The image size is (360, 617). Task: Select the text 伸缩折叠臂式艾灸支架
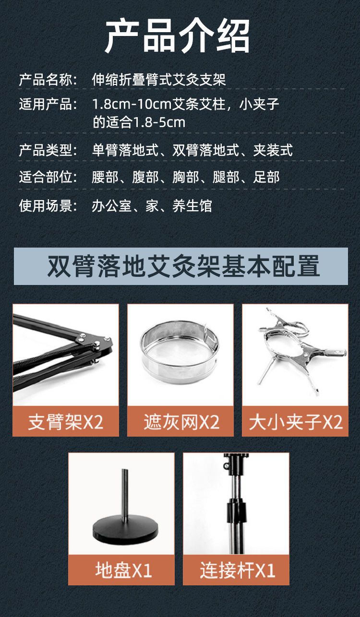point(159,80)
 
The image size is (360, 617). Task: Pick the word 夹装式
point(273,150)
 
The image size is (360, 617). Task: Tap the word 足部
point(266,177)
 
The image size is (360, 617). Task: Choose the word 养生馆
point(192,206)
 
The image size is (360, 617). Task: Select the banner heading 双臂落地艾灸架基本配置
point(183,266)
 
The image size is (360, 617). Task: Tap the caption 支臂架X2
point(66,422)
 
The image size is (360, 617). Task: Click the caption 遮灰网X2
point(181,422)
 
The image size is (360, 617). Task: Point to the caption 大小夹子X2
point(296,422)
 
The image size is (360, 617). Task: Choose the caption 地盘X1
point(123,570)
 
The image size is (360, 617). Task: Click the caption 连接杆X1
point(237,570)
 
